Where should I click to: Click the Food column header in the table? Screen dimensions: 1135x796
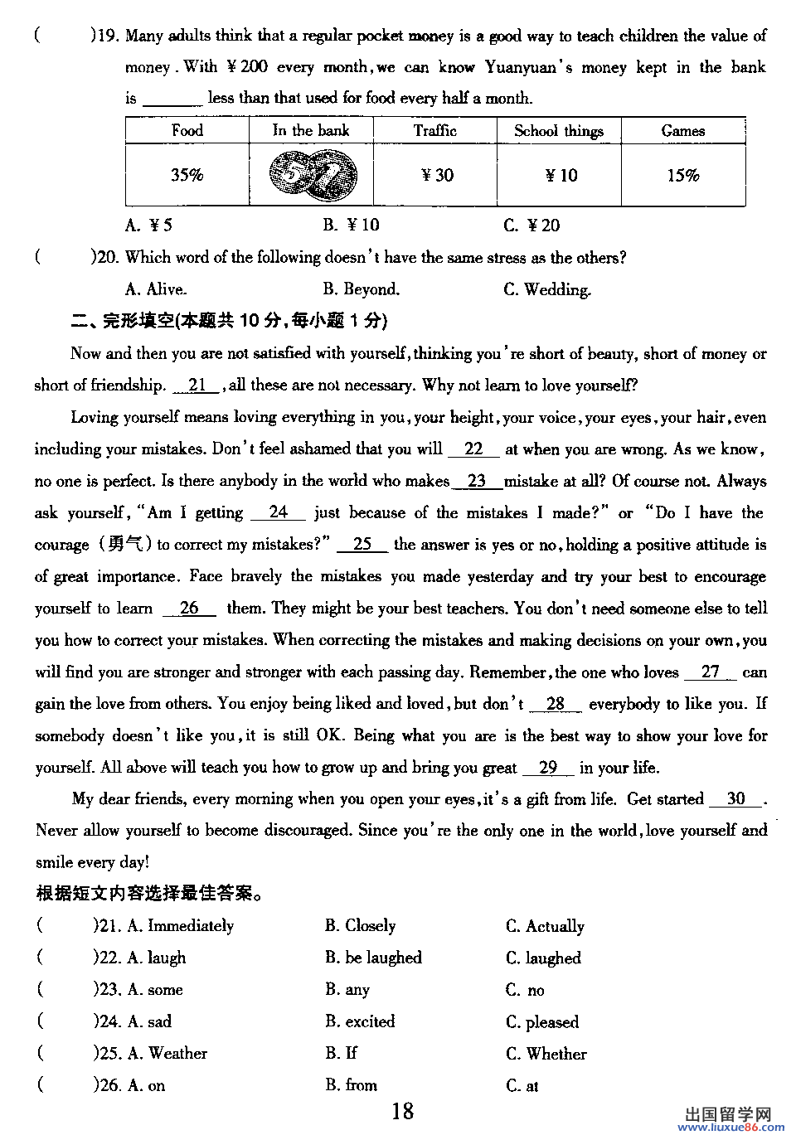click(187, 130)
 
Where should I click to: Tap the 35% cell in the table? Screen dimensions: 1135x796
click(187, 175)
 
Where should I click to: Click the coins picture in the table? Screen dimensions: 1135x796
click(313, 175)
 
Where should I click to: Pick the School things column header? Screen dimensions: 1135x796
click(558, 130)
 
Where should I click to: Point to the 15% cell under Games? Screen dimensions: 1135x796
click(682, 175)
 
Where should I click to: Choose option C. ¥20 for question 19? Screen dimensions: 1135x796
click(531, 225)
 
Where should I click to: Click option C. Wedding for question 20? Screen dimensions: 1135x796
click(547, 289)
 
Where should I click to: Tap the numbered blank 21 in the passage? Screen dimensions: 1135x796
click(197, 385)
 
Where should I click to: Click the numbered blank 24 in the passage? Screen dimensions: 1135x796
click(278, 512)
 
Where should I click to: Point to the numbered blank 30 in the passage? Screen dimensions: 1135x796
click(735, 798)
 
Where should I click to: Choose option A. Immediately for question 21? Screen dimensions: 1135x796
click(181, 926)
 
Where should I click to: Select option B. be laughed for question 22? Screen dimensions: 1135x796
click(373, 958)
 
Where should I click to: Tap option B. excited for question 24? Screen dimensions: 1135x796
click(360, 1021)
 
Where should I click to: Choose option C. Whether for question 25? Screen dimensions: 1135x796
click(546, 1054)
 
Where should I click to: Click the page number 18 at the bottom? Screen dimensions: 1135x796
click(402, 1111)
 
